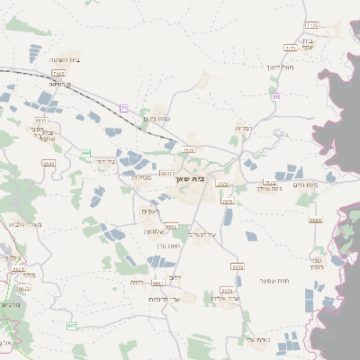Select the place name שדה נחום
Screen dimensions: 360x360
tap(157, 119)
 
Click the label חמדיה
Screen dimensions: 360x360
tap(243, 129)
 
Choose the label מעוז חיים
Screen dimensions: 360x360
tap(307, 184)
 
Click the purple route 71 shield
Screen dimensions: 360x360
tap(123, 108)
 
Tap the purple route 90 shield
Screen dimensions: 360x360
tap(276, 95)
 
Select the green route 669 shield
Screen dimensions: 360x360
tap(86, 154)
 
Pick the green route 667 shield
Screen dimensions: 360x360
tap(72, 325)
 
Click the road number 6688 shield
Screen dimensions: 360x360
tap(314, 220)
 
